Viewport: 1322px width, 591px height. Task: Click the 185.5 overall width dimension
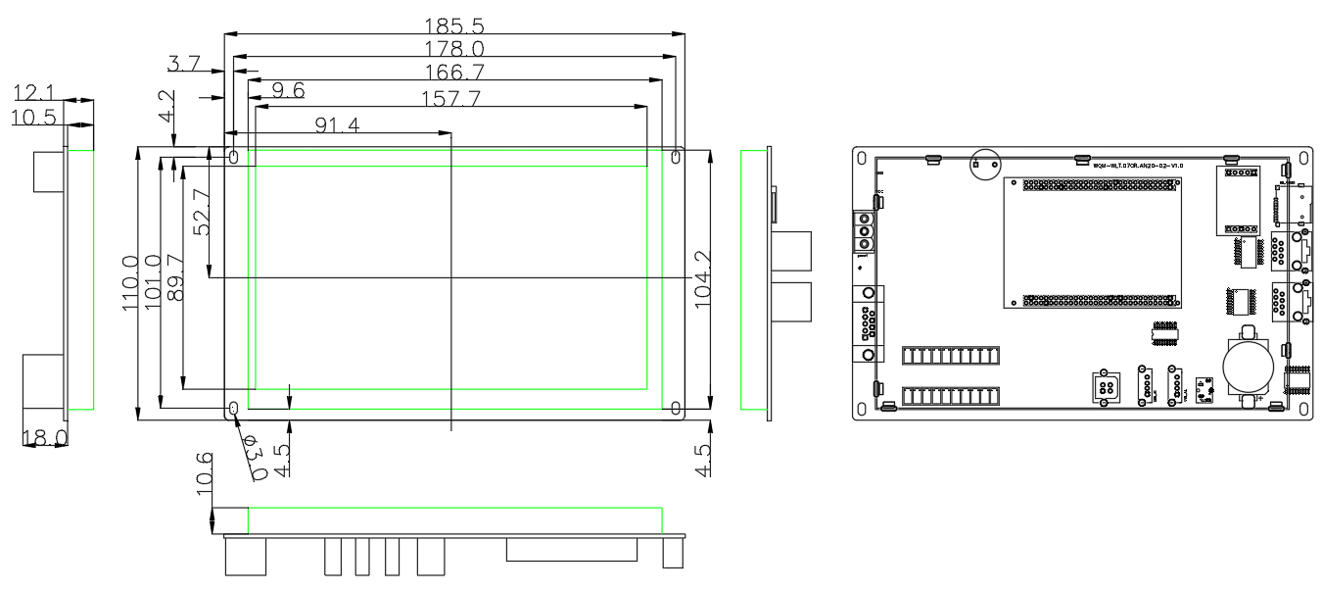point(453,25)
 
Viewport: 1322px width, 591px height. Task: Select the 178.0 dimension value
point(453,49)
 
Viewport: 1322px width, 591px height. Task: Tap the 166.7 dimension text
point(453,73)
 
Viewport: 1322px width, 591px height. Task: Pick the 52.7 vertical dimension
point(202,212)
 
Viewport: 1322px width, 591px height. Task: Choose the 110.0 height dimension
point(130,283)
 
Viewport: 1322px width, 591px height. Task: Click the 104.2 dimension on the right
point(702,279)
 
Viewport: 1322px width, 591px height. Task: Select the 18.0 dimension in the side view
point(46,437)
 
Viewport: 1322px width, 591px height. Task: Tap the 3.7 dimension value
point(183,65)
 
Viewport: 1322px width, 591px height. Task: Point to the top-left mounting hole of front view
point(235,157)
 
